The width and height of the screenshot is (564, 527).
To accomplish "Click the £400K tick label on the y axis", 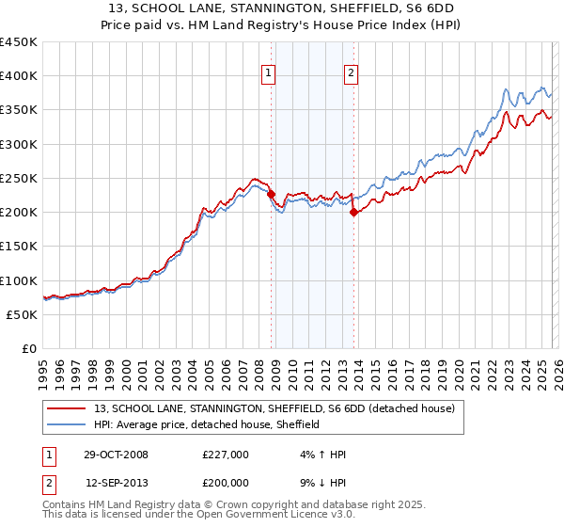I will pyautogui.click(x=19, y=76).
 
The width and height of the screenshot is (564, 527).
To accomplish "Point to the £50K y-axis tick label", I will pyautogui.click(x=23, y=314).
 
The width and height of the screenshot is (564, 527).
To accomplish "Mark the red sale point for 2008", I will pyautogui.click(x=272, y=194).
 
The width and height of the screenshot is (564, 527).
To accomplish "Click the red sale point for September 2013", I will pyautogui.click(x=353, y=213).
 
